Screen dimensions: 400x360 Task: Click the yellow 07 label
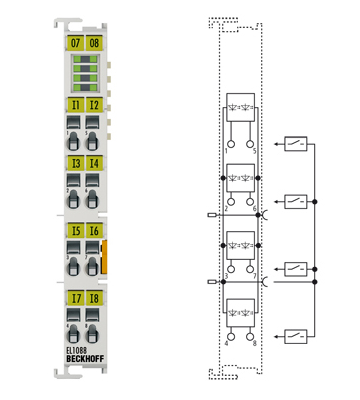[x=75, y=42]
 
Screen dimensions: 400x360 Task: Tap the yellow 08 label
[x=94, y=42]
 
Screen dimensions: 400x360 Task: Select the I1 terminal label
[x=75, y=104]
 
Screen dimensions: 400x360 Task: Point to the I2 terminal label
[x=94, y=104]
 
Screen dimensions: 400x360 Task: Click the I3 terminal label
[x=75, y=162]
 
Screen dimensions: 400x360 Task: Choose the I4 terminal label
[x=94, y=162]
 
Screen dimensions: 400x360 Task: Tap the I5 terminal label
[x=75, y=230]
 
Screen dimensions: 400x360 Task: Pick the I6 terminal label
[x=94, y=230]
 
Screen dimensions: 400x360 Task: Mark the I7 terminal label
[x=75, y=298]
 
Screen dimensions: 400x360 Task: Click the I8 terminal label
[x=94, y=298]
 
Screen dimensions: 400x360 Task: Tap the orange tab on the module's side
[x=103, y=256]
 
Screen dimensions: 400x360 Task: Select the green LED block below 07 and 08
[x=84, y=73]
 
